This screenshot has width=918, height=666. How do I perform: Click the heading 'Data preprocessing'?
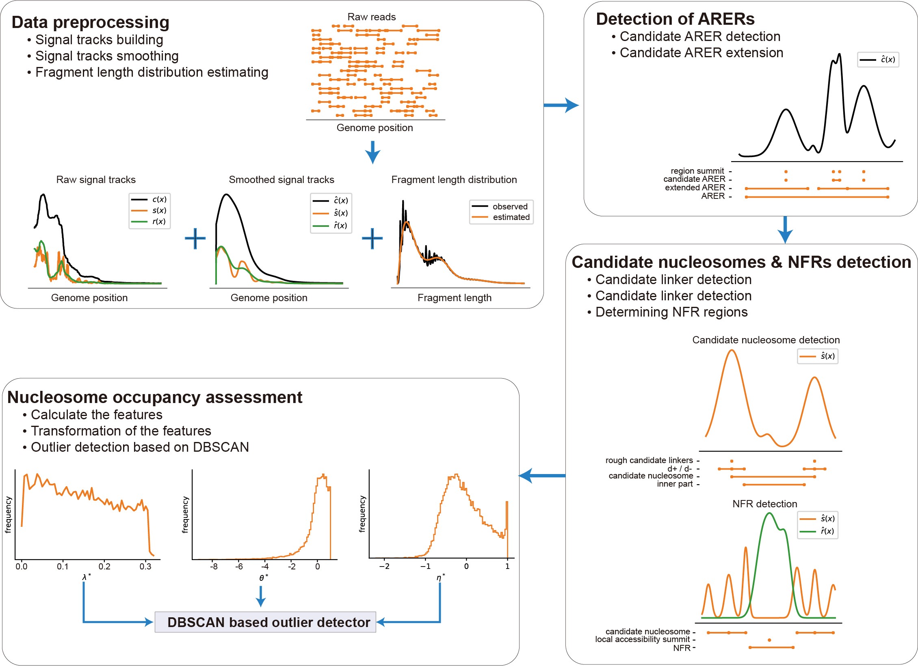pos(90,22)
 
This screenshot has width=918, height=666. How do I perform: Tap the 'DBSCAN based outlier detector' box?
pos(265,622)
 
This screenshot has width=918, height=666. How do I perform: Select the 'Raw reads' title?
pos(371,17)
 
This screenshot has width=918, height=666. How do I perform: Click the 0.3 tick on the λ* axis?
pos(145,567)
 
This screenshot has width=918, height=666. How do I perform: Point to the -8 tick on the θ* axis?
pos(214,567)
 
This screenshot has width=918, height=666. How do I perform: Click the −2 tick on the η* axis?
pos(384,567)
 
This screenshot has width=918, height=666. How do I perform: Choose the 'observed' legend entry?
pos(510,207)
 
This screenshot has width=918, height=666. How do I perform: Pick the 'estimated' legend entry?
pos(511,217)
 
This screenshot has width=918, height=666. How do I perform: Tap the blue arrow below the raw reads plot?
pos(372,152)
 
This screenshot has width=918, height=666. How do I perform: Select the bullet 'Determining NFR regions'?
pos(671,312)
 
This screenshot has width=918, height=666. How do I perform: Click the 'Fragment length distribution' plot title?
pos(454,180)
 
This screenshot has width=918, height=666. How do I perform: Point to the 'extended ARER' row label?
pos(695,188)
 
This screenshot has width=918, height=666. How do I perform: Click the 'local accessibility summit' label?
pos(642,640)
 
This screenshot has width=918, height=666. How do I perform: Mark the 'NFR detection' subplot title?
pos(764,504)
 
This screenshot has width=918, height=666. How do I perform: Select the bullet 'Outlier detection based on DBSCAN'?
pos(140,447)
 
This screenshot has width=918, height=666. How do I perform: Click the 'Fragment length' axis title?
pos(454,298)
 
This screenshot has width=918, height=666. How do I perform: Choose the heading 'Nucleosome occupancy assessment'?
pos(155,397)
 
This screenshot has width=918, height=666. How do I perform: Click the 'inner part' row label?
pos(675,484)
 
